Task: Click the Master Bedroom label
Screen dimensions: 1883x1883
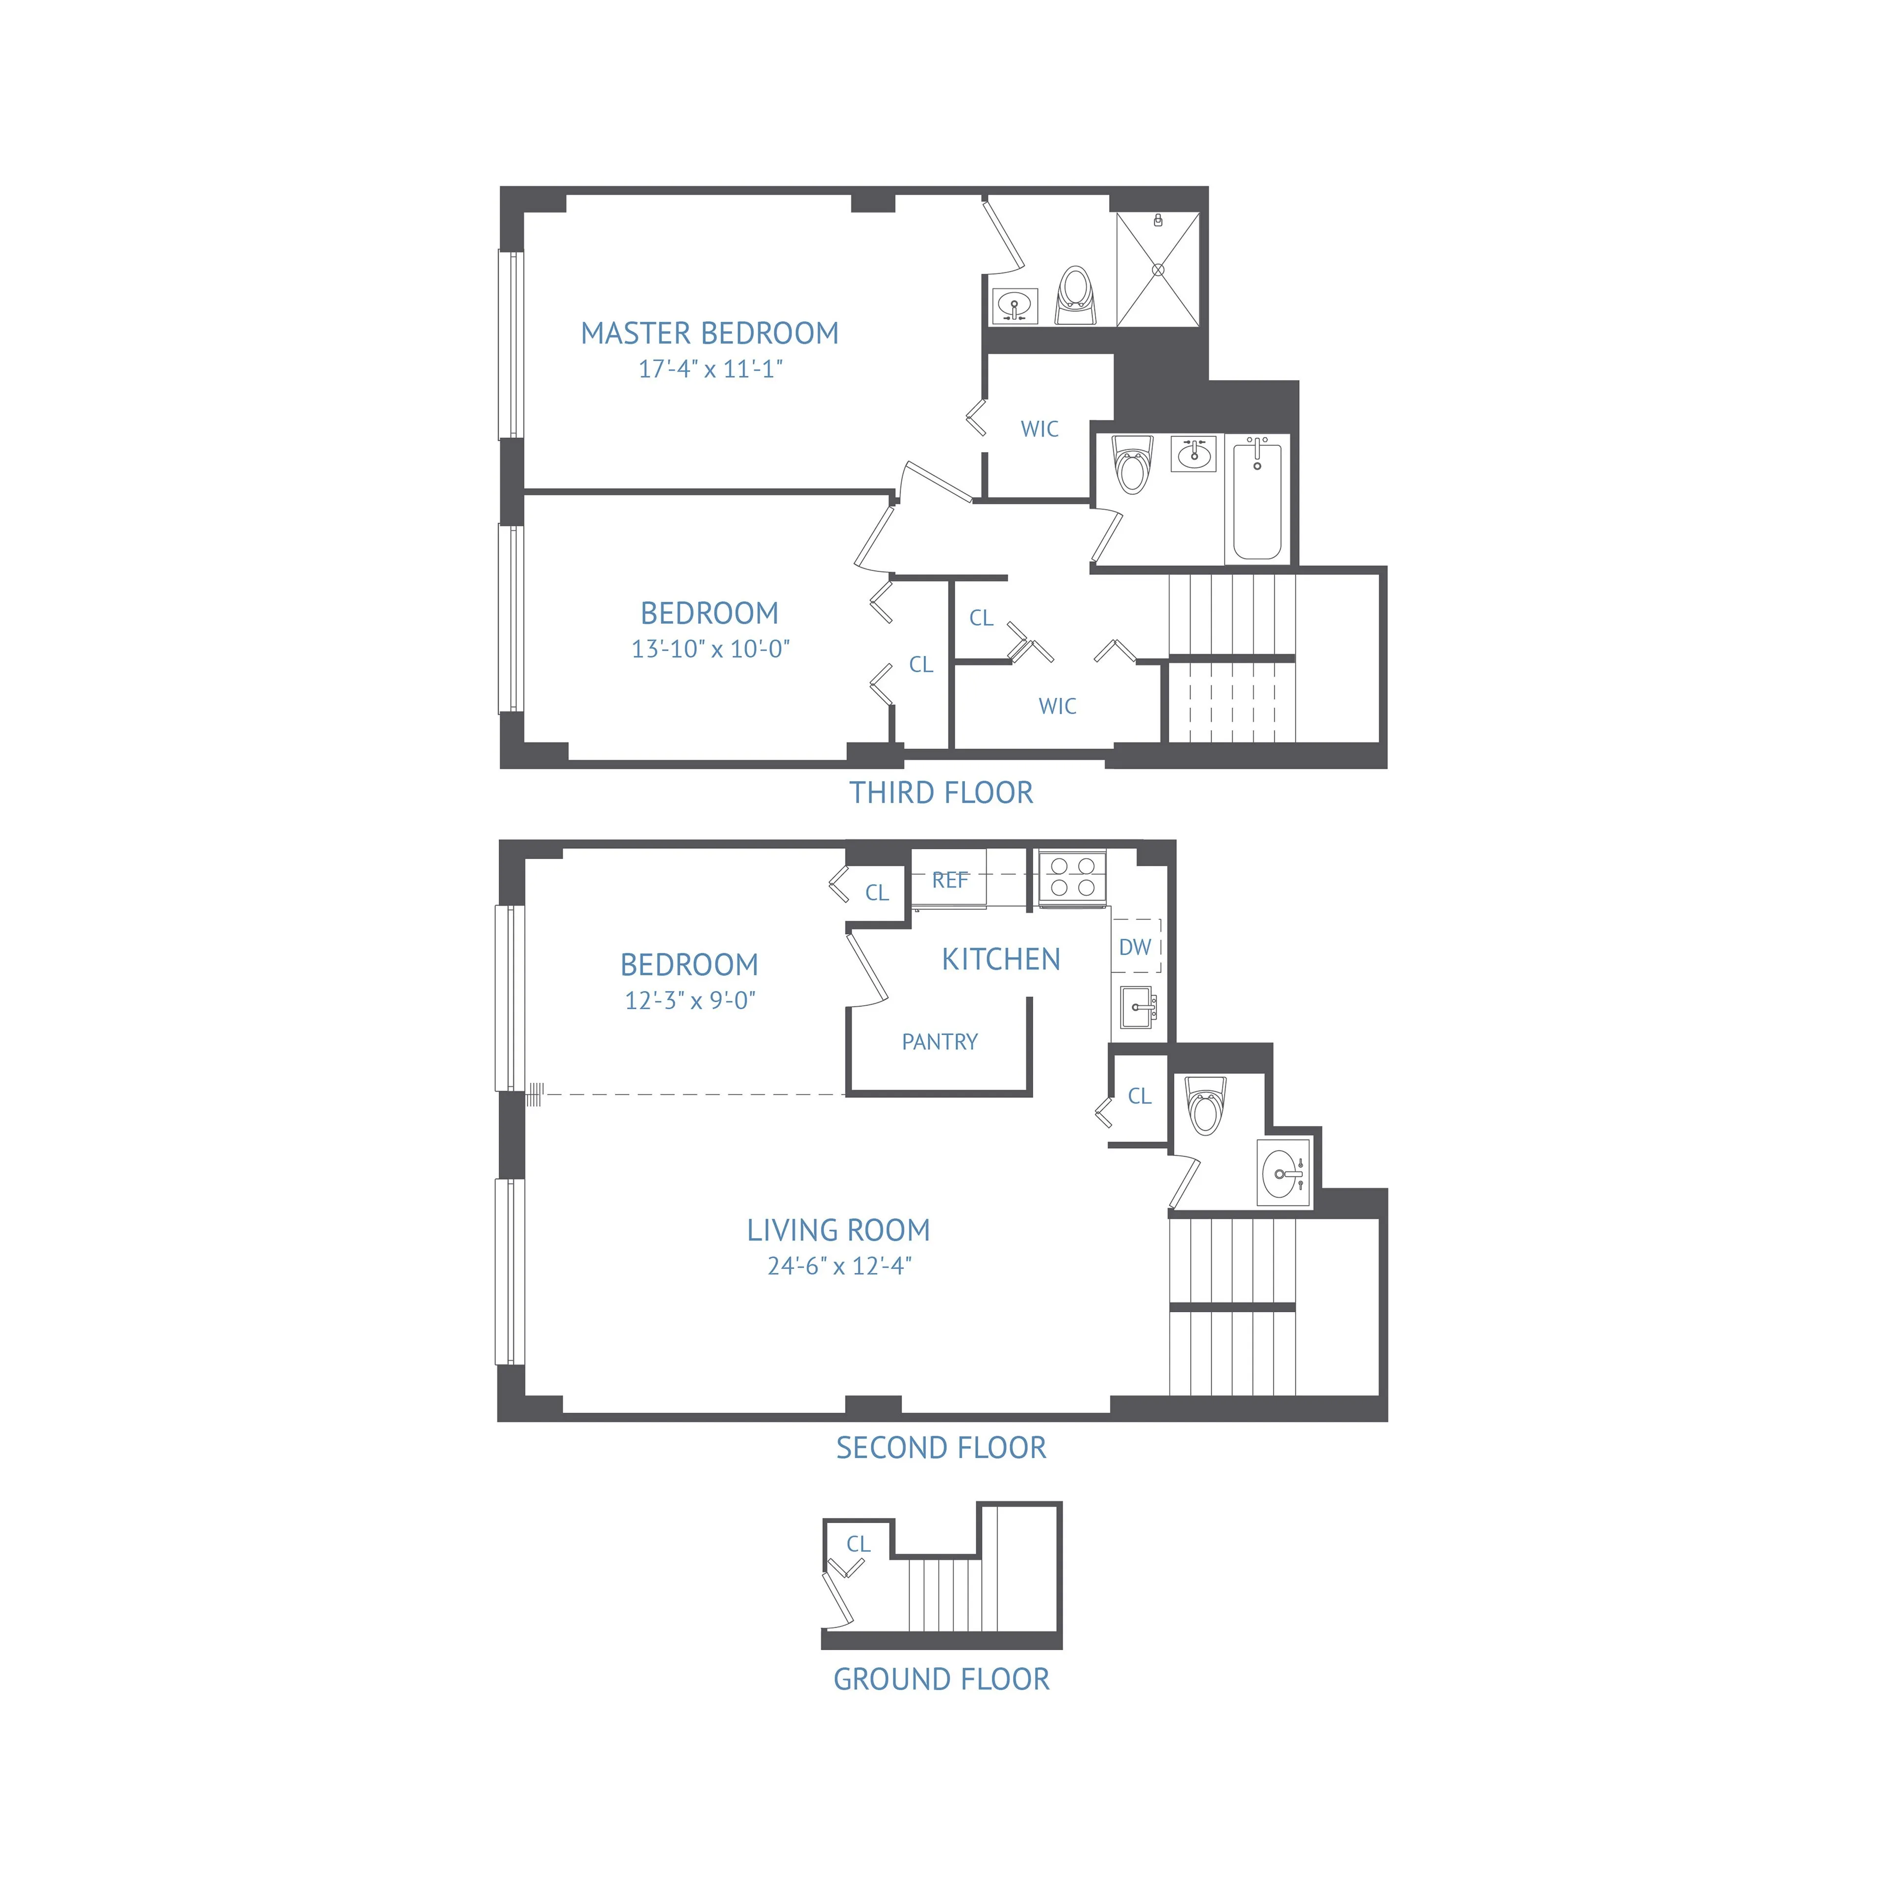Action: coord(710,333)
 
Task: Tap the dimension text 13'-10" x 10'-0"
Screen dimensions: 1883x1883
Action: coord(711,649)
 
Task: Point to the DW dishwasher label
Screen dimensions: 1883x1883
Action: coord(1135,946)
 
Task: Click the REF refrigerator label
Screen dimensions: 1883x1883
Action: coord(949,880)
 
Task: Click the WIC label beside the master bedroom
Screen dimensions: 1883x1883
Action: coord(1039,429)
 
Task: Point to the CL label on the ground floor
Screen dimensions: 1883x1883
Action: coord(858,1544)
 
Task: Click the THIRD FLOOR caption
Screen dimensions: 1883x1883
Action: coord(941,792)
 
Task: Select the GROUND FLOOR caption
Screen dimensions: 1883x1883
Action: coord(941,1679)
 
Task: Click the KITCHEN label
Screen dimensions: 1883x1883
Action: coord(1001,959)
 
